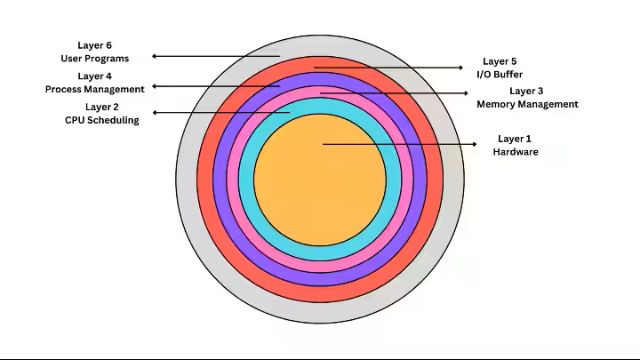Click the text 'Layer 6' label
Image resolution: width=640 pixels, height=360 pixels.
coord(95,45)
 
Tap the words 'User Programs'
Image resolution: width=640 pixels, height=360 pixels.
coord(95,59)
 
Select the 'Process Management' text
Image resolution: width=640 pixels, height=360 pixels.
coord(95,89)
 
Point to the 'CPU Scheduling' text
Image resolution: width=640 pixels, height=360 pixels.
coord(102,120)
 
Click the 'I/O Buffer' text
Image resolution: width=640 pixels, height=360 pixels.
coord(500,75)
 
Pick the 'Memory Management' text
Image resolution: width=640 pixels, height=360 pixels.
coord(527,104)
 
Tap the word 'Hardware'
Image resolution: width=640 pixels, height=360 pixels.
coord(516,152)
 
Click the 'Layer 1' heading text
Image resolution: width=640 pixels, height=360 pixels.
coord(515,139)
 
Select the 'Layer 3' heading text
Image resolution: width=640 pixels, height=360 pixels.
coord(526,91)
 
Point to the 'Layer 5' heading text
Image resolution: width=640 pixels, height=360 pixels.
coord(500,61)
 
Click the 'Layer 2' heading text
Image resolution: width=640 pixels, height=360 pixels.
coord(102,107)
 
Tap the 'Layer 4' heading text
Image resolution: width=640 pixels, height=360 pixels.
coord(95,76)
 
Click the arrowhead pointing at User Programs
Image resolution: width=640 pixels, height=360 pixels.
coord(154,56)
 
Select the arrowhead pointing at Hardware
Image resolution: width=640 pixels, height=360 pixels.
coord(475,144)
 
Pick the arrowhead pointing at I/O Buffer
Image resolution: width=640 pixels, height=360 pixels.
coord(461,68)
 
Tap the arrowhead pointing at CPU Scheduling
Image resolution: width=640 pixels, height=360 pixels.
coord(155,113)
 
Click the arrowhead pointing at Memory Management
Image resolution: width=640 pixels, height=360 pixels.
coord(466,93)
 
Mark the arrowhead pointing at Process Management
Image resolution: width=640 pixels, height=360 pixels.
coord(154,86)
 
